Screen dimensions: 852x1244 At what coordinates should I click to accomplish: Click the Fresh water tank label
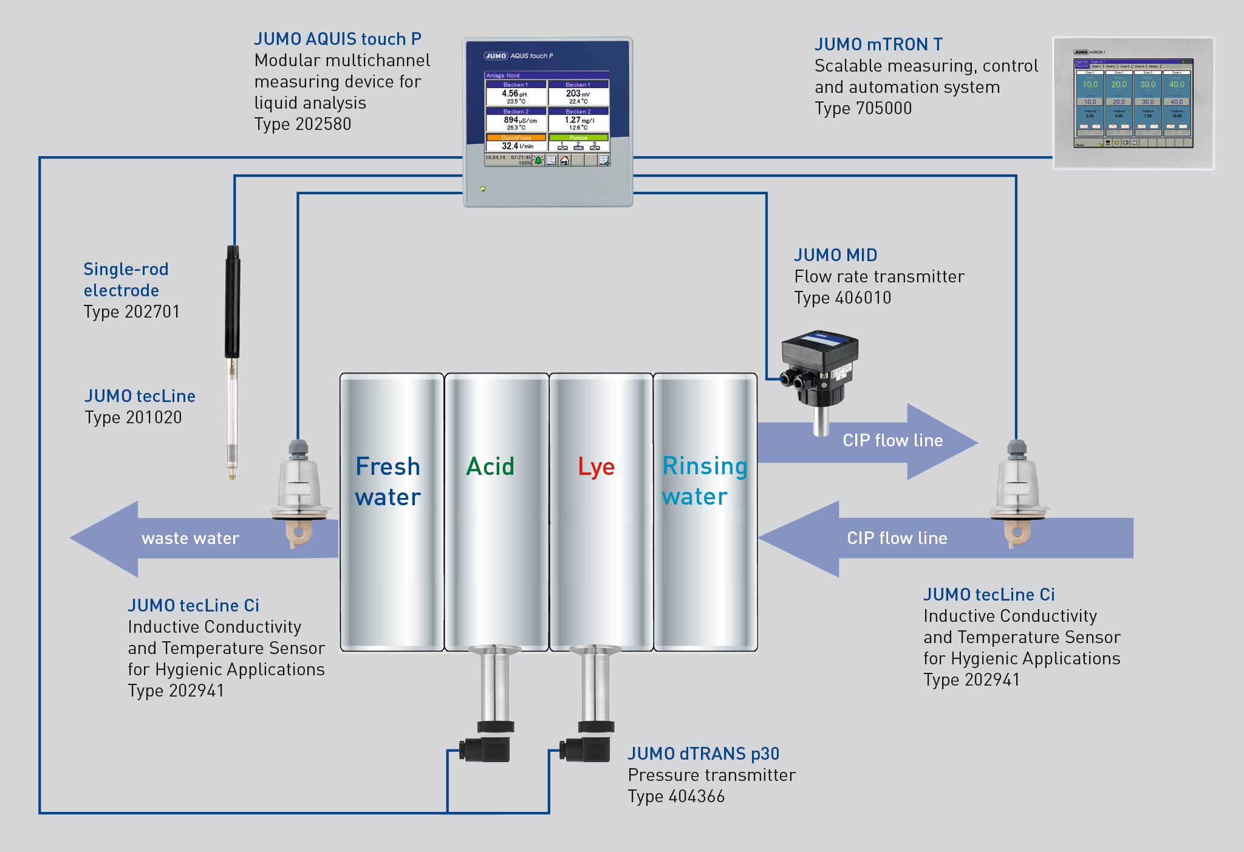pos(388,482)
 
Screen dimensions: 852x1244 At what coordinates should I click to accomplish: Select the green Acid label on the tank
pos(490,466)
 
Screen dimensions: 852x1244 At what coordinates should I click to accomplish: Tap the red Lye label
pos(596,466)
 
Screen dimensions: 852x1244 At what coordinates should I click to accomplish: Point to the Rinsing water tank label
pos(704,481)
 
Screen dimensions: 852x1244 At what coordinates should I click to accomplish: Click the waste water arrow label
pos(190,538)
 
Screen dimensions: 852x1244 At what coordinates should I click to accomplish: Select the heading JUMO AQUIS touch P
pos(338,39)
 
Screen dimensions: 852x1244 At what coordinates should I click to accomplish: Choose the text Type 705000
pos(863,108)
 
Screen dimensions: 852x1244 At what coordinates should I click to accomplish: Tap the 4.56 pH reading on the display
pos(514,94)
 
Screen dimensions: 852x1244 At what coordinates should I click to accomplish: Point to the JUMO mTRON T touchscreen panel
pos(1133,103)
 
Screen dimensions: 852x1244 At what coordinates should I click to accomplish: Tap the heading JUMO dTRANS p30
pos(703,754)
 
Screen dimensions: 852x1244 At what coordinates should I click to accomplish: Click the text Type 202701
pos(132,312)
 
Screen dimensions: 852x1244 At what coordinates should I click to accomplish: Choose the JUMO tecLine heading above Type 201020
pos(140,396)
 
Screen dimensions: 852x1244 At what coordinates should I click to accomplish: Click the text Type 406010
pos(842,298)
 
